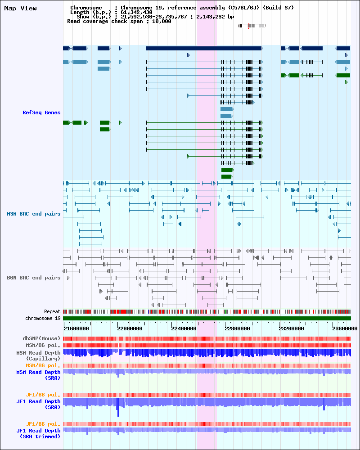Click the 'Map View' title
20,8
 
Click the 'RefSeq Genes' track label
42,112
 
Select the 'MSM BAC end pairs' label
34,214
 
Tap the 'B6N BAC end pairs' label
34,278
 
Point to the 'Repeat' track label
52,311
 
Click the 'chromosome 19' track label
43,318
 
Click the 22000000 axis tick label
130,328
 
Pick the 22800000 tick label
237,328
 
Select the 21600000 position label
76,328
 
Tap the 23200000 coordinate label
291,328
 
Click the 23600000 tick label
345,328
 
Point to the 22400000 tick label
184,328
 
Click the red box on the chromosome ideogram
248,26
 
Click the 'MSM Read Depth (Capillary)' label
38,355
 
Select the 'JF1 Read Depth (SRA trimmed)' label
38,434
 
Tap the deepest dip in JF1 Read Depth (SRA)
118,413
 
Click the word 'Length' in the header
80,12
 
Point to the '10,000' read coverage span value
162,21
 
